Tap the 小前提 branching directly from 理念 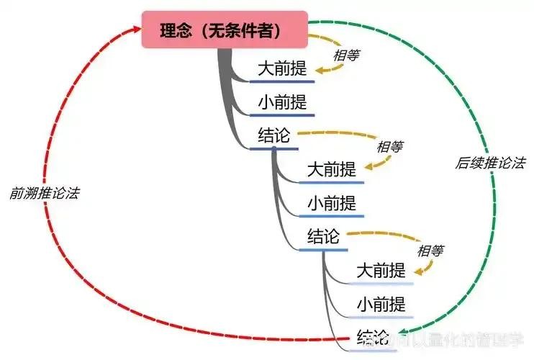pyautogui.click(x=282, y=103)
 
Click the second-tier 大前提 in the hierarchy pyautogui.click(x=331, y=171)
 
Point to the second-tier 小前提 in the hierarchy pyautogui.click(x=331, y=203)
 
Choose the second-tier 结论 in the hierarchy pyautogui.click(x=323, y=236)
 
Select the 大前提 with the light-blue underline pyautogui.click(x=381, y=271)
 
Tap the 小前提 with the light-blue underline pyautogui.click(x=381, y=305)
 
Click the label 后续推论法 pyautogui.click(x=489, y=163)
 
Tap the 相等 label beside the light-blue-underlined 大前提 pyautogui.click(x=430, y=251)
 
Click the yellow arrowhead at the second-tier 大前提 pyautogui.click(x=365, y=167)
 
